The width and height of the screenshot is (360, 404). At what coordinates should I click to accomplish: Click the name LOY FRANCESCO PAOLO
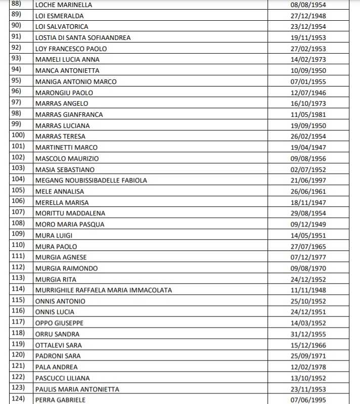click(71, 49)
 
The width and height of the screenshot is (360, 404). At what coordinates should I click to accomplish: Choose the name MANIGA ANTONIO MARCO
click(76, 81)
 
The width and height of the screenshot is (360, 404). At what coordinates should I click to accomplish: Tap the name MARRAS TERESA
click(60, 137)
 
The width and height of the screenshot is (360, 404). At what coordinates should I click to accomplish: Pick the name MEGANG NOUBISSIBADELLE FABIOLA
click(92, 181)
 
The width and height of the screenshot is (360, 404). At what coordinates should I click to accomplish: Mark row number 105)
click(18, 191)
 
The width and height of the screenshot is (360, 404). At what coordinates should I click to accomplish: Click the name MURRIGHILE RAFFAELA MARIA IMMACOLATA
click(104, 290)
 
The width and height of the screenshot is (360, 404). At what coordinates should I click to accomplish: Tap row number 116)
click(18, 311)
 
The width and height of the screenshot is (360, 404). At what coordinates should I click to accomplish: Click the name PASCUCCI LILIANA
click(63, 378)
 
